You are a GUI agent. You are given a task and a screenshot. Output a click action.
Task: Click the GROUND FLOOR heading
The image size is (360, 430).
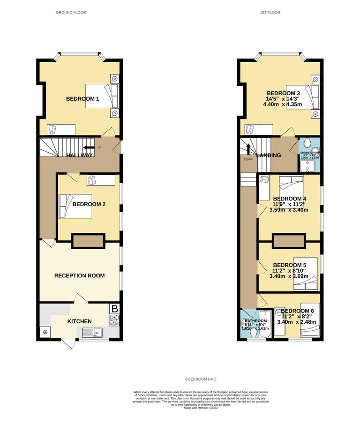(x=71, y=13)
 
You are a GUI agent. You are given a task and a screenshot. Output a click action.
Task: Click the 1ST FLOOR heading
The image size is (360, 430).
(x=270, y=13)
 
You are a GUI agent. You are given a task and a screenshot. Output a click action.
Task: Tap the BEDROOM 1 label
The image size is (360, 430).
(x=82, y=99)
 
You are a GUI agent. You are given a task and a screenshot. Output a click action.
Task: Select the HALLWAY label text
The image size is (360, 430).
(x=79, y=155)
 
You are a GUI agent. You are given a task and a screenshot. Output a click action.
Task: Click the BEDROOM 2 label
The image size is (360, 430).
(x=89, y=205)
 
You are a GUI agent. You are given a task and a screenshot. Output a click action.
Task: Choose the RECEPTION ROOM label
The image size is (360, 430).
(x=79, y=275)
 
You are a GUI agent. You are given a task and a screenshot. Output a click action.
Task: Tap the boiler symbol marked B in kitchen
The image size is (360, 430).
(x=114, y=309)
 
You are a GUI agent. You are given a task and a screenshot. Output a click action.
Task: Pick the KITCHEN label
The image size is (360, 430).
(x=79, y=321)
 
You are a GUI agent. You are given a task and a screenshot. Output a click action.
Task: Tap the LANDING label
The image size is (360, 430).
(x=269, y=156)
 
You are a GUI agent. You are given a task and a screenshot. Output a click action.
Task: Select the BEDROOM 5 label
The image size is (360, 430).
(x=290, y=265)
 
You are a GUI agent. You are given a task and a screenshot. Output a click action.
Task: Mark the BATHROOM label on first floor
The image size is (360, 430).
(x=255, y=321)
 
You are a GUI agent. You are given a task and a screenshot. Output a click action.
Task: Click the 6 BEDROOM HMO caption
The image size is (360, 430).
(x=201, y=378)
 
